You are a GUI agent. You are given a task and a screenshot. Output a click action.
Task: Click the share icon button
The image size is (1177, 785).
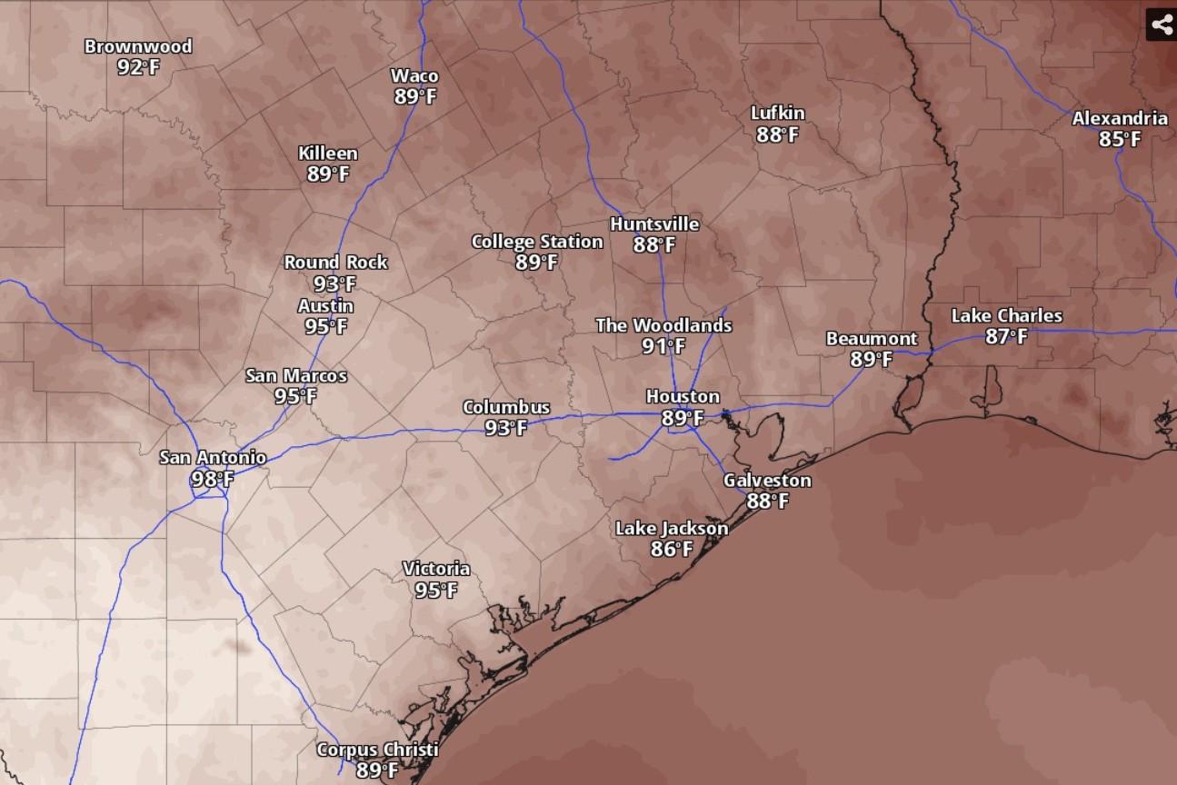(x=1161, y=25)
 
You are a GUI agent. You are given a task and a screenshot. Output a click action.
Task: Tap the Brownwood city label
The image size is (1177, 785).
(x=138, y=46)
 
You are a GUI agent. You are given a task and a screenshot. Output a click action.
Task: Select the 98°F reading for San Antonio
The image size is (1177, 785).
(x=213, y=479)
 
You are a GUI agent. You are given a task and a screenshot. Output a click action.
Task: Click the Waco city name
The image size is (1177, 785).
(x=414, y=76)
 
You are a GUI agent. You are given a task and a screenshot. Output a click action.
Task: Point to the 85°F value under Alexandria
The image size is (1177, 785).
(x=1120, y=139)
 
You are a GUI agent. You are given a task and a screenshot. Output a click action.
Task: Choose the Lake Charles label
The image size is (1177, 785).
(x=1006, y=316)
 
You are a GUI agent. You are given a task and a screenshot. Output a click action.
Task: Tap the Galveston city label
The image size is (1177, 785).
(x=767, y=481)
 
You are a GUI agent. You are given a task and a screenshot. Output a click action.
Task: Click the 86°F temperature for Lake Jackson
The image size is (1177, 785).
(x=672, y=549)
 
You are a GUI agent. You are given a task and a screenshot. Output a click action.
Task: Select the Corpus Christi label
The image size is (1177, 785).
(x=377, y=750)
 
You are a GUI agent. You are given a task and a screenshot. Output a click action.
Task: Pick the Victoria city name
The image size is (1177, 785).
(x=436, y=570)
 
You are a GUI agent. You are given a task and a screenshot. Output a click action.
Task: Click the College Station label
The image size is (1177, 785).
(x=536, y=242)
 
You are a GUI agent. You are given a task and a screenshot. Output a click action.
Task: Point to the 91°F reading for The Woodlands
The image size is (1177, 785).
(x=663, y=346)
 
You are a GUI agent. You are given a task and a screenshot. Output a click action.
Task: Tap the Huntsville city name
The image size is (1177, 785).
(x=654, y=224)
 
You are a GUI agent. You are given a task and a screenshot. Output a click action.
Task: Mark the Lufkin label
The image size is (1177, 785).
(x=777, y=114)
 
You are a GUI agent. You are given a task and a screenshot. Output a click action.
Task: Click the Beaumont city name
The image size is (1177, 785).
(x=872, y=339)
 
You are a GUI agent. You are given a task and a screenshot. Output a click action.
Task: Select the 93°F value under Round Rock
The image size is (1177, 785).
(x=335, y=283)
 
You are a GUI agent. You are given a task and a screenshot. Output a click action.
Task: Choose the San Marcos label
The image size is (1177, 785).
(x=296, y=376)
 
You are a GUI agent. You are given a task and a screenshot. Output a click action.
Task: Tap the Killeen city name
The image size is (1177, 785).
(x=328, y=154)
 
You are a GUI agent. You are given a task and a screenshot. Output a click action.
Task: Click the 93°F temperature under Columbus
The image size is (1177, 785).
(x=506, y=428)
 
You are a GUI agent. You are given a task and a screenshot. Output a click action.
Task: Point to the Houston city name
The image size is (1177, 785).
(x=683, y=397)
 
